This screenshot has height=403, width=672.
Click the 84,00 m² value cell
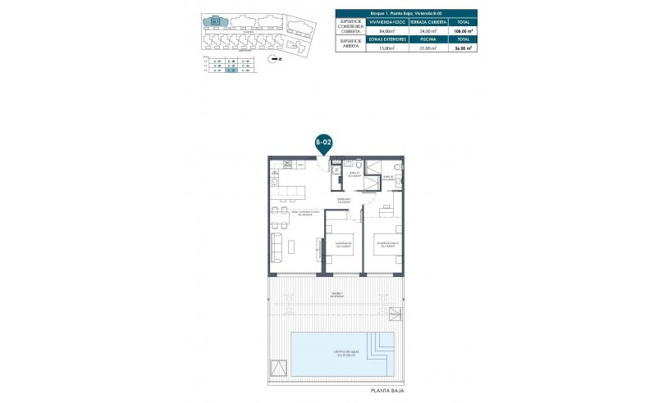pos(386,34)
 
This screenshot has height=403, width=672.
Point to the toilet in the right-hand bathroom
pos(397,169)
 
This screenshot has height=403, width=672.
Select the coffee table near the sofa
pos(294,244)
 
